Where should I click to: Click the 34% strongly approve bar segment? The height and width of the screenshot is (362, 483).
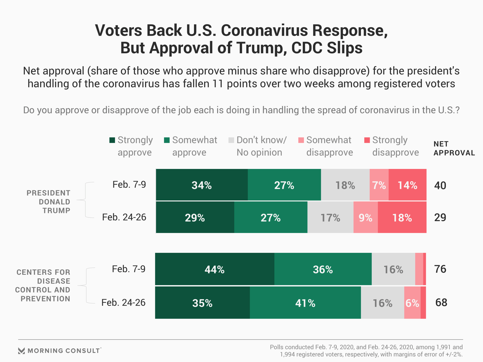pyautogui.click(x=202, y=185)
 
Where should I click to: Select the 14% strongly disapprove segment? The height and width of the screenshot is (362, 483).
pyautogui.click(x=407, y=185)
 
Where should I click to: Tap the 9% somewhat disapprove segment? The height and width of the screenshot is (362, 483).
pyautogui.click(x=365, y=217)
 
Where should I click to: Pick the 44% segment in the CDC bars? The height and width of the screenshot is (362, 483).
pyautogui.click(x=215, y=269)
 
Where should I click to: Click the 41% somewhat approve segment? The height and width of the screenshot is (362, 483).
pyautogui.click(x=305, y=303)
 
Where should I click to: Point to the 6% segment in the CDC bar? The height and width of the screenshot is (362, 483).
pyautogui.click(x=412, y=303)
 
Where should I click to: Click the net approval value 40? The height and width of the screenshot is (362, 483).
pyautogui.click(x=440, y=186)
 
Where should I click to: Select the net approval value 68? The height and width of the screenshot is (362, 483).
pyautogui.click(x=441, y=302)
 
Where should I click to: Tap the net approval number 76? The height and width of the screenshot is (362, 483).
pyautogui.click(x=440, y=269)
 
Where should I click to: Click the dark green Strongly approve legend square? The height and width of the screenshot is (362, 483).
pyautogui.click(x=112, y=140)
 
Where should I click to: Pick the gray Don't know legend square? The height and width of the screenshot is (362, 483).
pyautogui.click(x=231, y=140)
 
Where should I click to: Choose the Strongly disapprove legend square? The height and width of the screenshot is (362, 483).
pyautogui.click(x=367, y=140)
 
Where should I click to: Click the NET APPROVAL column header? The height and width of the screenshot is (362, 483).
pyautogui.click(x=454, y=148)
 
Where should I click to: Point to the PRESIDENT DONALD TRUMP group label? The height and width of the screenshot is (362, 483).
pyautogui.click(x=49, y=202)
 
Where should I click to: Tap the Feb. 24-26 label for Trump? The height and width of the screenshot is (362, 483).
pyautogui.click(x=124, y=217)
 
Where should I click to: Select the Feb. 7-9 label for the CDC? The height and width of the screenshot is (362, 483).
pyautogui.click(x=129, y=269)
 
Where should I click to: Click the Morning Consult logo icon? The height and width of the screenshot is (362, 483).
pyautogui.click(x=22, y=351)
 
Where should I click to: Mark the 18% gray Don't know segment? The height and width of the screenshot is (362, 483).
pyautogui.click(x=345, y=185)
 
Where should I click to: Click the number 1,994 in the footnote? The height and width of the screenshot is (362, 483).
pyautogui.click(x=288, y=354)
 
